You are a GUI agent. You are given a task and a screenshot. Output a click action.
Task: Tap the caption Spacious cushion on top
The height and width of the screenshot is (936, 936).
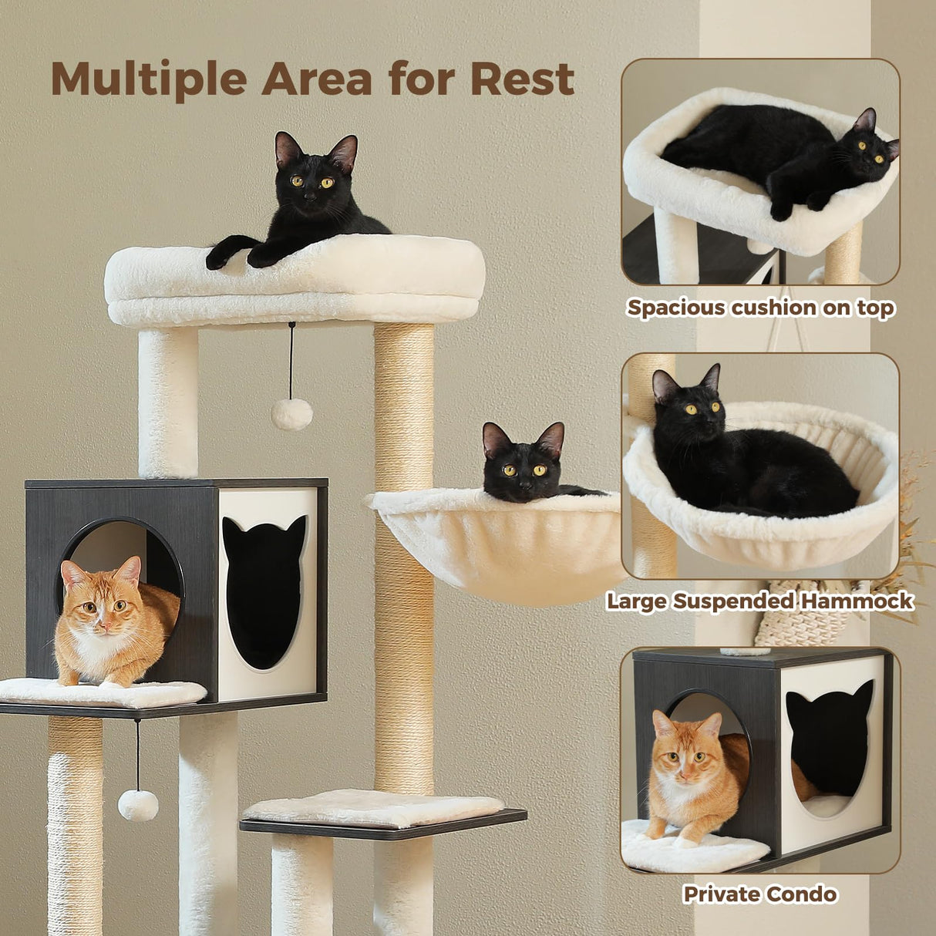click(x=760, y=308)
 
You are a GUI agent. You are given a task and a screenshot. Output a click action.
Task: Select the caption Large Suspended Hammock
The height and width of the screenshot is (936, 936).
click(x=759, y=601)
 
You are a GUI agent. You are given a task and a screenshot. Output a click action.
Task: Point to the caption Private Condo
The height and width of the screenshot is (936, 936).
click(x=759, y=894)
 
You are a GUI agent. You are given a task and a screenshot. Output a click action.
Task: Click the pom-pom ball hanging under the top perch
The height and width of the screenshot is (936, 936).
click(x=291, y=414)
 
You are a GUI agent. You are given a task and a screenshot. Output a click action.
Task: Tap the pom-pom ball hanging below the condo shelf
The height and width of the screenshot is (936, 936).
click(x=138, y=805)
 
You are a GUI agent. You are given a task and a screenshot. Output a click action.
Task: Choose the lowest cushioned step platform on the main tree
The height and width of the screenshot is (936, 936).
click(x=374, y=809)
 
